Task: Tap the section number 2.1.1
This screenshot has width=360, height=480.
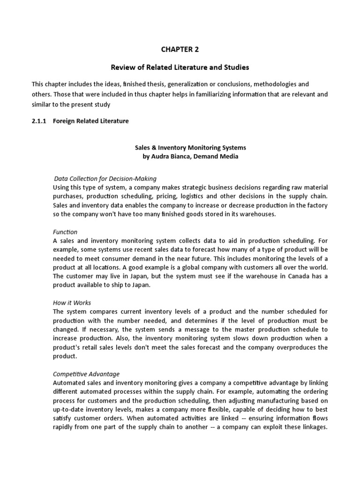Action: point(38,121)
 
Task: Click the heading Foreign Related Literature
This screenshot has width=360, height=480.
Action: point(90,121)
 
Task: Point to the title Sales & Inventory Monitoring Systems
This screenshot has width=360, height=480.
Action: point(190,147)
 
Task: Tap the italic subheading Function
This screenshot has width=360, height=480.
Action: point(65,232)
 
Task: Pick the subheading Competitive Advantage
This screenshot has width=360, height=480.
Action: point(86,374)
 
